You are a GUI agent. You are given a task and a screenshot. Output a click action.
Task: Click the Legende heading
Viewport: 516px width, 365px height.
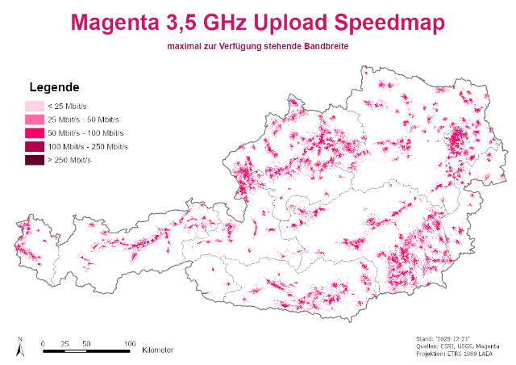tap(53, 87)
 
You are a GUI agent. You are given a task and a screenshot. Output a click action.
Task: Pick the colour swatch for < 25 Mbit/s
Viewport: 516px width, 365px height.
tap(35, 106)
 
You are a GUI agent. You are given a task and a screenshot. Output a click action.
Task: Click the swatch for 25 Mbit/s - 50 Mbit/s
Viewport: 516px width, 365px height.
tap(35, 120)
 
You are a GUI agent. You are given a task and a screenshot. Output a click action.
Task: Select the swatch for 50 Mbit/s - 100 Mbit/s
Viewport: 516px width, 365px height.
tap(35, 133)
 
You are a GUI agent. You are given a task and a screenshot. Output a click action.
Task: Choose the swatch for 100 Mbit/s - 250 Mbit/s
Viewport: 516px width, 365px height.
tap(35, 147)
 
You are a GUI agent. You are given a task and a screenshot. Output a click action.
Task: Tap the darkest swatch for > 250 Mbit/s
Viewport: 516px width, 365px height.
tap(35, 161)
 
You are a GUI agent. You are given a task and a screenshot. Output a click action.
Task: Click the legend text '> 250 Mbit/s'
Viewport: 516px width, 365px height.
tap(69, 161)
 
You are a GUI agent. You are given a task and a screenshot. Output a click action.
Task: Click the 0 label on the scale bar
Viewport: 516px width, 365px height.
tap(43, 343)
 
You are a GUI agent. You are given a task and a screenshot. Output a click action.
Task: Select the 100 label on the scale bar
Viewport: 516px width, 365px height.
tap(129, 343)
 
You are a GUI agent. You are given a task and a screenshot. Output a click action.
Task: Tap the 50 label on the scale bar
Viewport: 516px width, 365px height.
tap(85, 343)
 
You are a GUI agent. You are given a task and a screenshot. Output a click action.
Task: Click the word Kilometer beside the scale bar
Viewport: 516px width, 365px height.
tap(157, 350)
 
